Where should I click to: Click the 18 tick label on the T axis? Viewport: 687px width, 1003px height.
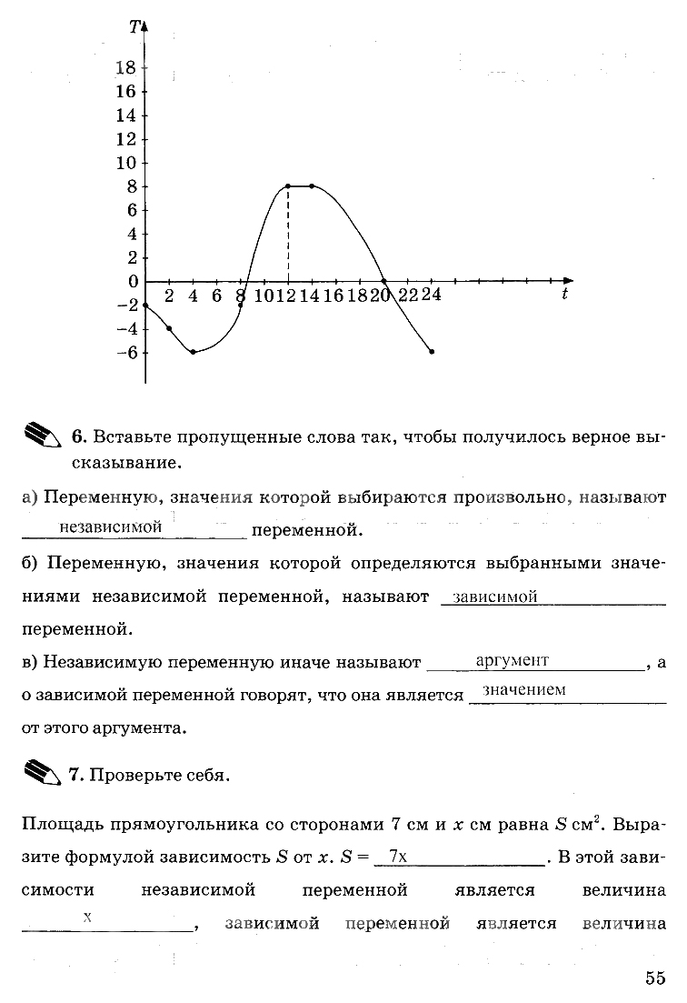point(126,68)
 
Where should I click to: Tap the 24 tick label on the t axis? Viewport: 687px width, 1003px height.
point(431,296)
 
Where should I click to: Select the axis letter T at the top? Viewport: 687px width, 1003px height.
point(134,27)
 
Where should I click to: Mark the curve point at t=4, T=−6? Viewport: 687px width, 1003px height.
point(193,352)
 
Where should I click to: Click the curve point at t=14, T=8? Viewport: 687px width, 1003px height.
point(312,186)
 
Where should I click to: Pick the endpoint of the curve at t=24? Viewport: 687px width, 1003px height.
point(432,352)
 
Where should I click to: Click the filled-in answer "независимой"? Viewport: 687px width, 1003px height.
point(110,527)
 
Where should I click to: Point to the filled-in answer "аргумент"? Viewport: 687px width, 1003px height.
point(512,661)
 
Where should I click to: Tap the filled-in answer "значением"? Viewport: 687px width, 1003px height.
point(524,690)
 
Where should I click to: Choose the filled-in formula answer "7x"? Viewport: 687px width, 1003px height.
point(396,856)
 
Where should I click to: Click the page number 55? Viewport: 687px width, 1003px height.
point(656,978)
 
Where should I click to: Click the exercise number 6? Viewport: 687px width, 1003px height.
point(77,437)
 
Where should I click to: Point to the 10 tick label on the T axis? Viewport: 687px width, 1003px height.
point(126,163)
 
